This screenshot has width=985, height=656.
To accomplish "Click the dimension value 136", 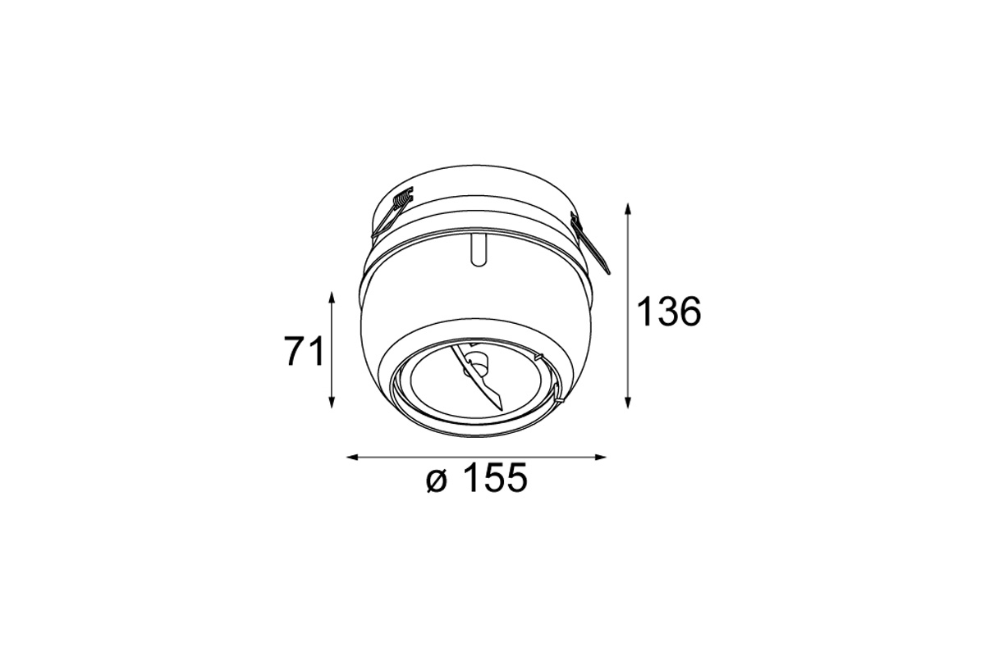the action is click(668, 311).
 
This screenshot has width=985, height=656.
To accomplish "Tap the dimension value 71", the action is click(304, 351).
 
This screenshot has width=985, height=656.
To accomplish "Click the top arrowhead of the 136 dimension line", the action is click(629, 209).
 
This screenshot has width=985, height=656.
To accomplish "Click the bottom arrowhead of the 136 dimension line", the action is click(629, 403).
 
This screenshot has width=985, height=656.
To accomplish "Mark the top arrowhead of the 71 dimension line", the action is click(332, 297).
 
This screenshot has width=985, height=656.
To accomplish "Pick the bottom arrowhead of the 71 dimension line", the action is click(332, 402).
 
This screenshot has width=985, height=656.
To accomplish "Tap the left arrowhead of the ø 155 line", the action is click(353, 458).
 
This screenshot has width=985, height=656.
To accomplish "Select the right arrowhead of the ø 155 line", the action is click(600, 458).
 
